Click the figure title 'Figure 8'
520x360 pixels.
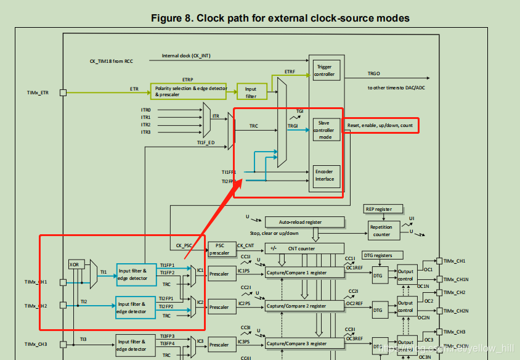point(280,18)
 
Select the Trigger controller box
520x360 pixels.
point(325,70)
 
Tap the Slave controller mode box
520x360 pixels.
point(325,130)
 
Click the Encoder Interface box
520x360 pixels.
point(325,176)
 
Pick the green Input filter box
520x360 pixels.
point(251,92)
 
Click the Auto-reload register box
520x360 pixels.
point(301,222)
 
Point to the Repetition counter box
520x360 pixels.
point(381,231)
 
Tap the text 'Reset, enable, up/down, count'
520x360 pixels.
point(380,125)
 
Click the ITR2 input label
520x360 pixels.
point(145,125)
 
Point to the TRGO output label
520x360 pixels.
point(374,73)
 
